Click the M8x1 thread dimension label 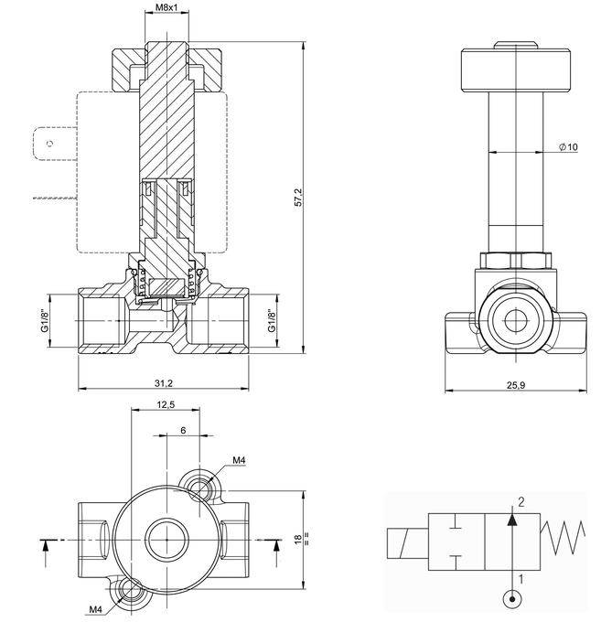tap(166, 7)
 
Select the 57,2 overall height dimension tap(297, 197)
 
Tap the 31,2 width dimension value tap(166, 382)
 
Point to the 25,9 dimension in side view tap(516, 385)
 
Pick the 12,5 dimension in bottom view tap(166, 404)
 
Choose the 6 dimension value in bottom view tap(183, 430)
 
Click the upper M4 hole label tap(239, 460)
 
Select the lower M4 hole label tap(95, 609)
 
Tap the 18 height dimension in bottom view tap(297, 540)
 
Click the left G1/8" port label tap(44, 322)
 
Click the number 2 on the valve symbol tap(521, 501)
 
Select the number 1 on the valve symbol tap(521, 578)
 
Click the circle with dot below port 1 tap(513, 600)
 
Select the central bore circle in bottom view tap(166, 539)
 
